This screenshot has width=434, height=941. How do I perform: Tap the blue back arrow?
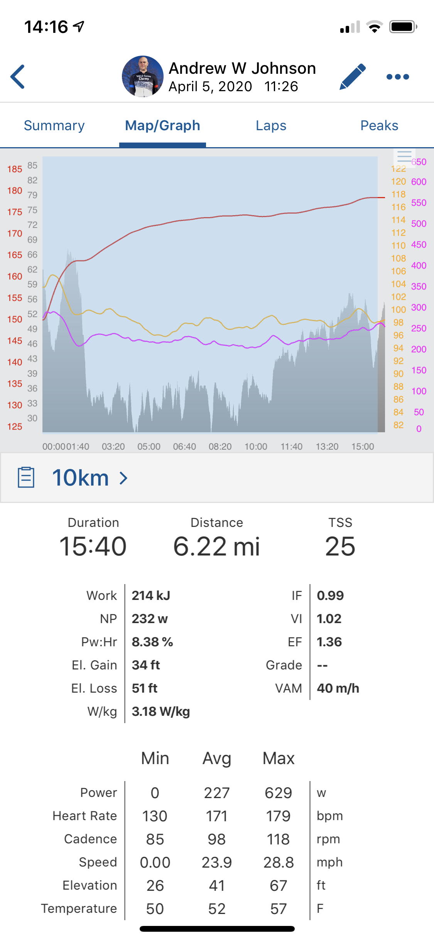[18, 76]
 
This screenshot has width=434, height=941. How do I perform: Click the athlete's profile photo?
[143, 76]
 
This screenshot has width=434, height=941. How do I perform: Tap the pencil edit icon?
[353, 76]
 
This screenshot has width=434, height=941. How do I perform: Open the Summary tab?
[54, 126]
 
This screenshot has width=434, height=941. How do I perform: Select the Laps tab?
[271, 126]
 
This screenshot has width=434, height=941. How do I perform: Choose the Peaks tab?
[379, 126]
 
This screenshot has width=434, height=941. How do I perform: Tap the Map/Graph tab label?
[162, 126]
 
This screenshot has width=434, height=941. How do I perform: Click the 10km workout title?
[80, 478]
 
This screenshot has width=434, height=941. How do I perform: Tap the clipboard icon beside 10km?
[26, 477]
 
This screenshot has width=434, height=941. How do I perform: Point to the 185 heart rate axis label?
[15, 169]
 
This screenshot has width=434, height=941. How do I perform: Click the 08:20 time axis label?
[220, 447]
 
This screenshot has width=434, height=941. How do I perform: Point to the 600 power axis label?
[419, 182]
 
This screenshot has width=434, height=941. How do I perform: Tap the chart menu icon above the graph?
[404, 156]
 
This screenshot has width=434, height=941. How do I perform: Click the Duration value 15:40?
[93, 546]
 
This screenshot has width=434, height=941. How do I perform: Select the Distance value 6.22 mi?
[216, 546]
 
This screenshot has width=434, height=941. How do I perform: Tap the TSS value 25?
[340, 546]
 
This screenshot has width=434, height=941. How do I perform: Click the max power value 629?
[279, 793]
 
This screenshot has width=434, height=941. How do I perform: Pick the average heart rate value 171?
[216, 816]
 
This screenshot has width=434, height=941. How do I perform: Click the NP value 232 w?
[150, 619]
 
